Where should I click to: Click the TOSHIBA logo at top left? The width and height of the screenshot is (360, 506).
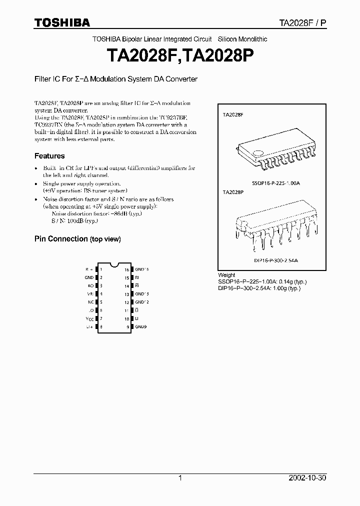pos(62,22)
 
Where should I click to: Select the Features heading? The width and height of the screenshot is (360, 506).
pos(49,156)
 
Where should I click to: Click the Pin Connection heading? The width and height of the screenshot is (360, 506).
pos(77,239)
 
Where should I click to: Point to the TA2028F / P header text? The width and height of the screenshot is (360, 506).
pos(302,23)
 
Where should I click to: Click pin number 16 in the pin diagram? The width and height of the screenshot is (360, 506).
pos(127,269)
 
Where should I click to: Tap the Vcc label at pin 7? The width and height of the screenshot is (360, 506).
pos(90,318)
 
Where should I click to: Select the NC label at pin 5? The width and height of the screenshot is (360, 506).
pos(90,302)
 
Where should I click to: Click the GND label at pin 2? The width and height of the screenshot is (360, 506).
pos(89,277)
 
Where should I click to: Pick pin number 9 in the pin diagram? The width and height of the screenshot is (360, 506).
pos(128,327)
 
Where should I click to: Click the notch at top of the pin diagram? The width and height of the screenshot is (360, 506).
pos(114,263)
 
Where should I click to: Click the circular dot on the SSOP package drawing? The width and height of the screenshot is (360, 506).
pos(257,153)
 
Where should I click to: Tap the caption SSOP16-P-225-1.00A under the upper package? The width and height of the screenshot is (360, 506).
pos(276,183)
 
